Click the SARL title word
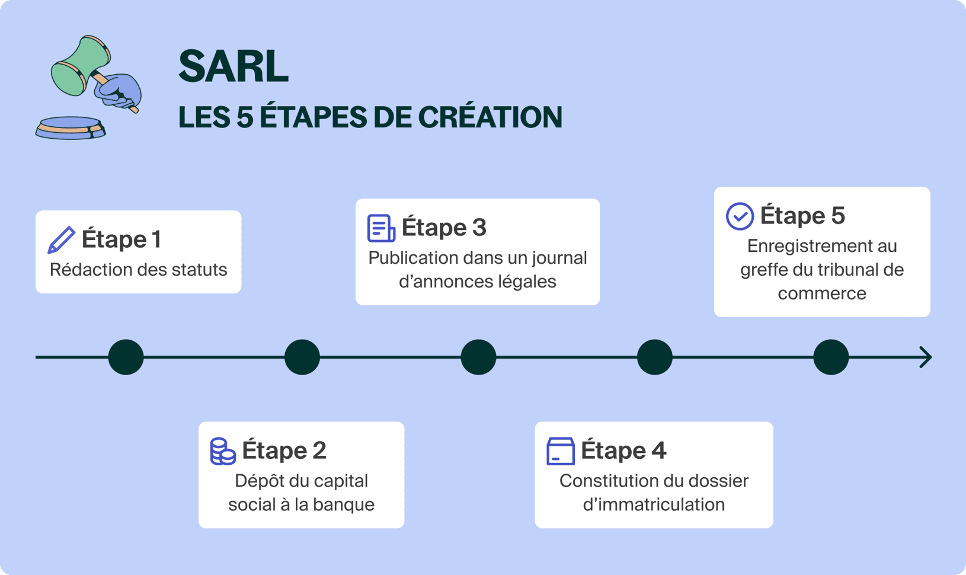click(x=233, y=66)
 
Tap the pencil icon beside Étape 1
click(x=61, y=239)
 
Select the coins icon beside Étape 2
click(x=223, y=451)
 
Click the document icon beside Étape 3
click(x=380, y=228)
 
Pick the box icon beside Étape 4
click(x=560, y=451)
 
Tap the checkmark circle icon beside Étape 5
click(x=740, y=216)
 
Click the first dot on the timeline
click(x=126, y=357)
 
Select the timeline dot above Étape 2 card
click(x=302, y=357)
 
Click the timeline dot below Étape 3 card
click(x=478, y=357)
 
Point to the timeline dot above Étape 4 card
click(x=654, y=357)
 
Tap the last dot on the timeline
click(x=831, y=357)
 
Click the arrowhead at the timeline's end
click(x=926, y=357)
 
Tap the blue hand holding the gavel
click(x=121, y=91)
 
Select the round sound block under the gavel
click(x=71, y=127)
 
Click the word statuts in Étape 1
click(x=199, y=270)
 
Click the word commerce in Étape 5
click(x=821, y=293)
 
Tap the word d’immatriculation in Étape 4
click(x=654, y=504)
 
